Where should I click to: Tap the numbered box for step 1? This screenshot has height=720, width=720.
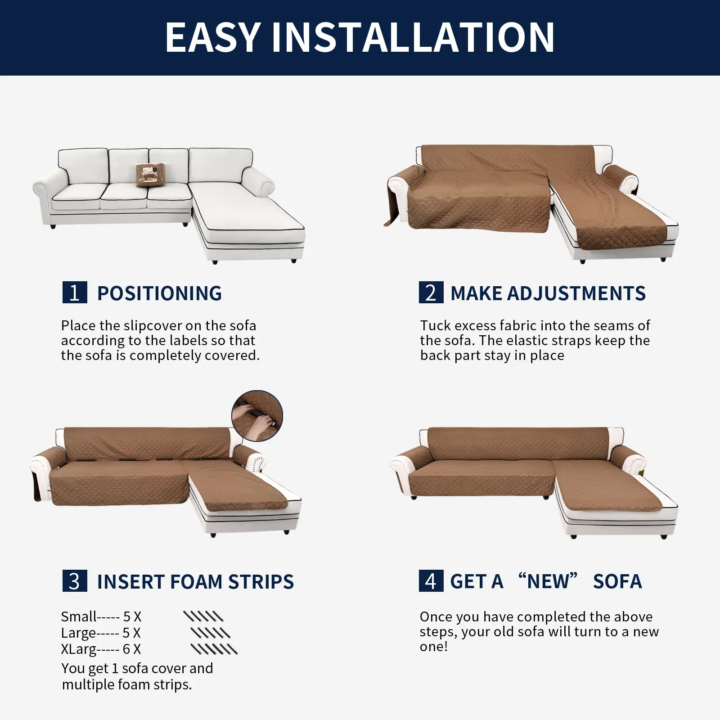coord(75,292)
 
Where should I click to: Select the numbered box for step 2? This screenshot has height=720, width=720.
coord(431,292)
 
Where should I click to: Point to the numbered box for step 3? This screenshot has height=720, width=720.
coord(75,581)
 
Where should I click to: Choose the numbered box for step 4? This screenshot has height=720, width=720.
coord(431,581)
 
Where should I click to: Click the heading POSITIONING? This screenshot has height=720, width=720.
coord(160,293)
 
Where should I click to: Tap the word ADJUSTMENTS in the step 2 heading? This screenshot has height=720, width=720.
coord(576,293)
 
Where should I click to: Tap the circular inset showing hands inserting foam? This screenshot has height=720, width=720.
coord(257,416)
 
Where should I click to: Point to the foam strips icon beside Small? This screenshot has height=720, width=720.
coord(203,616)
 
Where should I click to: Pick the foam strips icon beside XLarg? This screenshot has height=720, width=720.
coord(214,649)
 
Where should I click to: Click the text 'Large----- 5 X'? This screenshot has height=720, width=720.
coord(101,633)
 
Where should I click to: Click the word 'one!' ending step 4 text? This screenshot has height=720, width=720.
coord(434,647)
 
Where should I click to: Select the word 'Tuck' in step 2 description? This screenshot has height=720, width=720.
coord(435,325)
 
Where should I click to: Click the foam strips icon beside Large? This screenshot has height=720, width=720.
coord(211,633)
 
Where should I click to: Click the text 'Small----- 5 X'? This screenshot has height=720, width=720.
coord(101,616)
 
